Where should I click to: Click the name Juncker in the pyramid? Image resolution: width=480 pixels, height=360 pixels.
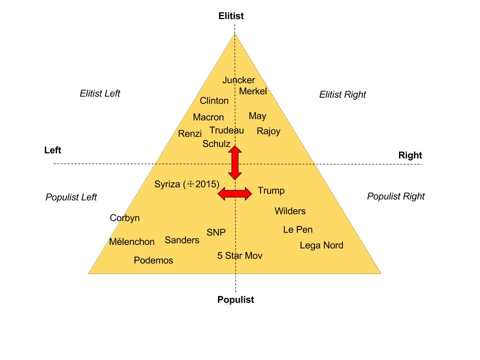[x=238, y=80]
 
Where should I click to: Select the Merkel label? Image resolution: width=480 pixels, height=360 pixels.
[x=253, y=91]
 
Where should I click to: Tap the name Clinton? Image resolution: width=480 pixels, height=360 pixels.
[x=214, y=100]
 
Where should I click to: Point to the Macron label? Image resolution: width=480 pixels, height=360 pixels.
[x=208, y=117]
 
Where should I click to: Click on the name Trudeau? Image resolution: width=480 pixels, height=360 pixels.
[x=226, y=130]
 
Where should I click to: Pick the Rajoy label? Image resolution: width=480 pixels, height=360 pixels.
[x=268, y=131]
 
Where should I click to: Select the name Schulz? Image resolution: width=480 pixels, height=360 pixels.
[x=216, y=143]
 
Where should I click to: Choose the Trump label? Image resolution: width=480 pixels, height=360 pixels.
[x=271, y=190]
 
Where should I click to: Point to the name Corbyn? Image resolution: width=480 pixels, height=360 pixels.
[x=124, y=218]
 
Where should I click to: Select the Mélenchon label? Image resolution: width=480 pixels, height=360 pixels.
[x=132, y=242]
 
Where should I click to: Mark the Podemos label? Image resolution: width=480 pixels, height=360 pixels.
[x=153, y=260]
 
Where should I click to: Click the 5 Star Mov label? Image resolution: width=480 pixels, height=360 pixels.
[x=240, y=255]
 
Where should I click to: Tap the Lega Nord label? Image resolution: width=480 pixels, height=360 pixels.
[x=321, y=245]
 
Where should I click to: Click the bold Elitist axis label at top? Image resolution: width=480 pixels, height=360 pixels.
[x=231, y=16]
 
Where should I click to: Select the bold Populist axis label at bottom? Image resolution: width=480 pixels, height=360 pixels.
[x=235, y=300]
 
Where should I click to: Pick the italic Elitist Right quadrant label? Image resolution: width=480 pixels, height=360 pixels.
[x=342, y=94]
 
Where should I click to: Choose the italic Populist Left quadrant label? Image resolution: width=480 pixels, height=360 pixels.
[x=71, y=197]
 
